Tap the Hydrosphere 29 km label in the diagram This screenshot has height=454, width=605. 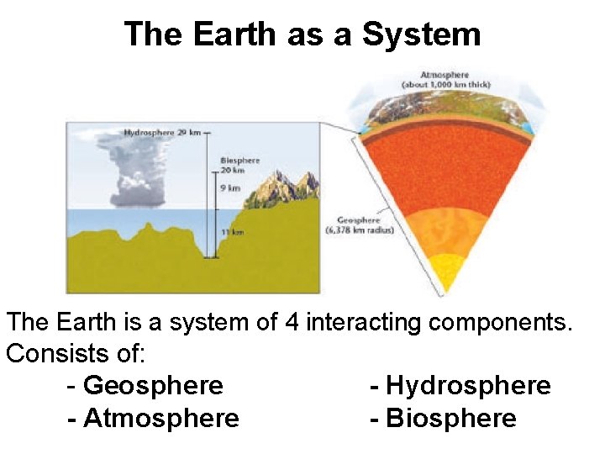point(162,132)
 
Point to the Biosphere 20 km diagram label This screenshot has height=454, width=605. point(239,165)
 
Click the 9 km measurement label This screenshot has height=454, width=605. point(229,187)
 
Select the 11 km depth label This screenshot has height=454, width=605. point(232,231)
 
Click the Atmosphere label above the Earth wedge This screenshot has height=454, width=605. point(445,79)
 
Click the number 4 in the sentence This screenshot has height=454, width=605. point(292,322)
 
